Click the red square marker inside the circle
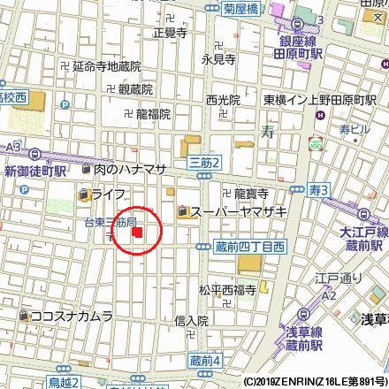(x=137, y=233)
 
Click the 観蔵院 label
(x=134, y=89)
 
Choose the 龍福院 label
(x=153, y=113)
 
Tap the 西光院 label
(x=223, y=99)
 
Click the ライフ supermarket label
(x=107, y=193)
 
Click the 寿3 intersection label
(x=319, y=189)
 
